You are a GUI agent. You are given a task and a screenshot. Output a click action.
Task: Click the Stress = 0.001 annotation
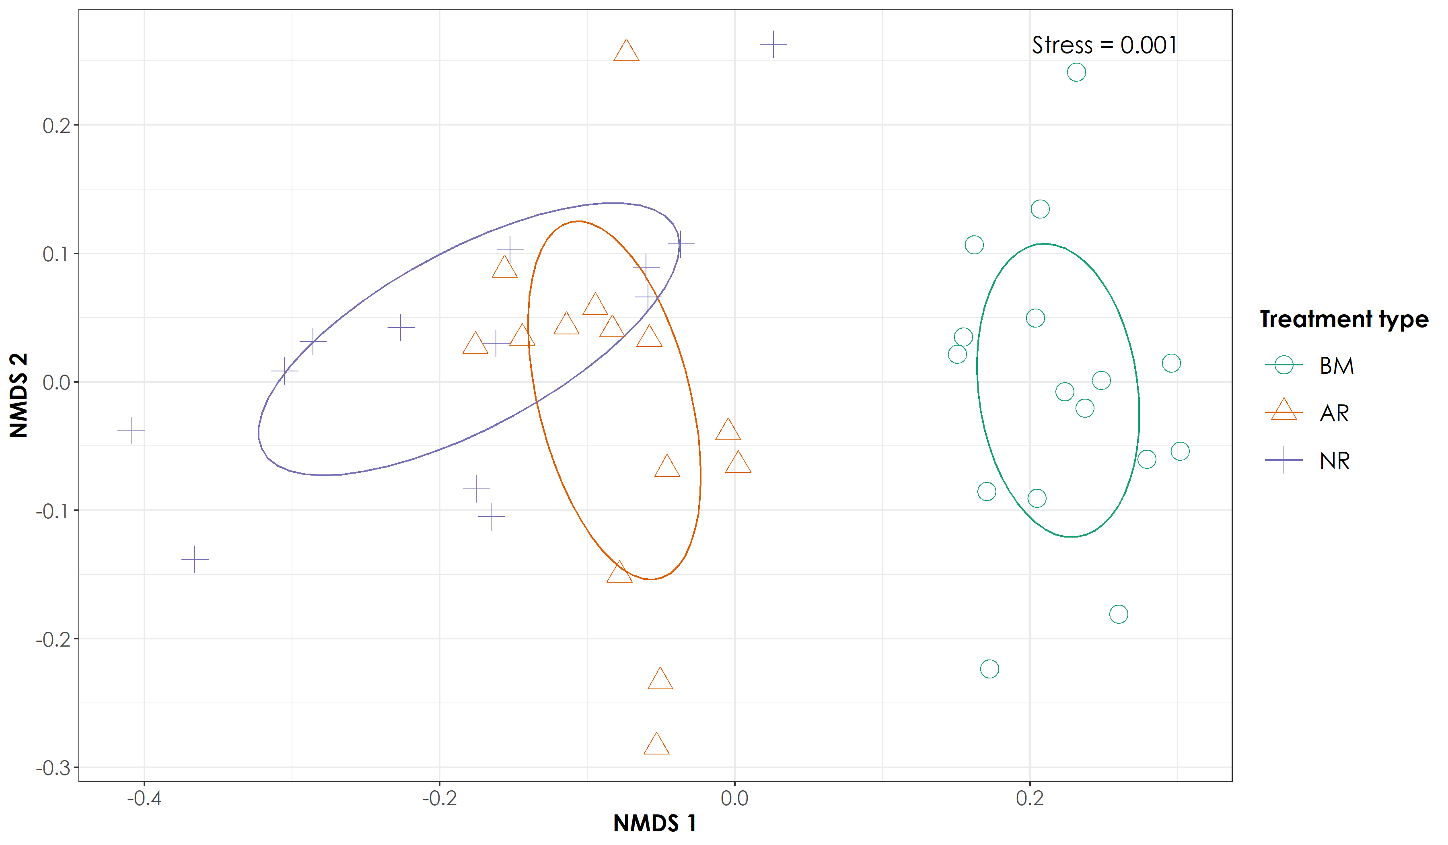(1104, 45)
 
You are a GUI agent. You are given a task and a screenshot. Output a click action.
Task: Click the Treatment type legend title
(1344, 319)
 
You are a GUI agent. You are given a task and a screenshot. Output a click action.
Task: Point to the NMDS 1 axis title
(654, 823)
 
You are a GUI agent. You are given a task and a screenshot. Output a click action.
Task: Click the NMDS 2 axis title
(19, 396)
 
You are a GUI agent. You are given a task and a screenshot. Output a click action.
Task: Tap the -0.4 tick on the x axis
(144, 798)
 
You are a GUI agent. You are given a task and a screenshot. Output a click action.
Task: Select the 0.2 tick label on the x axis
(1030, 798)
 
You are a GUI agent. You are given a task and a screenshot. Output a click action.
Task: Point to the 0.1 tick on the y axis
(56, 254)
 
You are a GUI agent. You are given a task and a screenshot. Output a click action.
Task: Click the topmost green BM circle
(1076, 72)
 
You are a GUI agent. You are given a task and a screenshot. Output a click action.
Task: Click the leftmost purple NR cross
(131, 430)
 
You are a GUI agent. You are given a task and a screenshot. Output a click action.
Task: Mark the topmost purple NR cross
(773, 44)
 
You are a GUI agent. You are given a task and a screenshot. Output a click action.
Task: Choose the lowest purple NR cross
(195, 559)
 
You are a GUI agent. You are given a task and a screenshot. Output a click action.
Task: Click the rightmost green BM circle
(1180, 451)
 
